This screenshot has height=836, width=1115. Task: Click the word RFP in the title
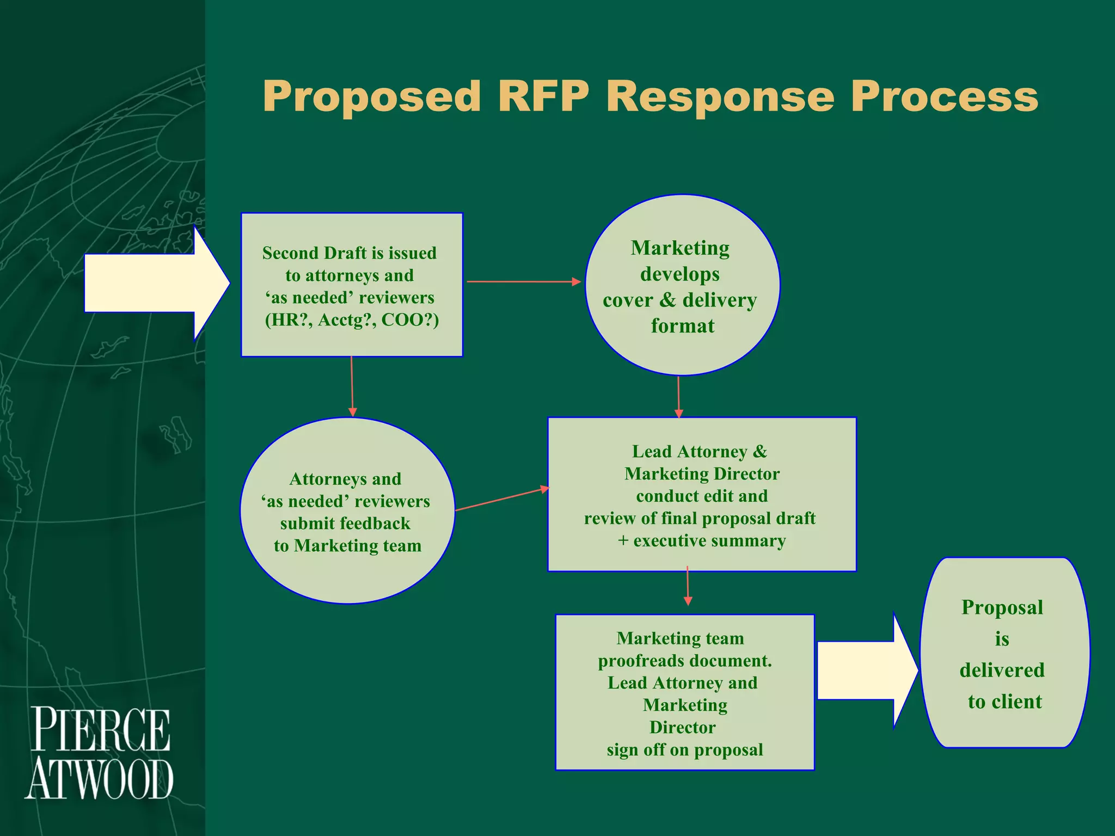click(543, 97)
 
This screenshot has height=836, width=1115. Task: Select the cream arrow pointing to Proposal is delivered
click(866, 671)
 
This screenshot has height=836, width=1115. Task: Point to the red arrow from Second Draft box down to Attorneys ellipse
click(352, 386)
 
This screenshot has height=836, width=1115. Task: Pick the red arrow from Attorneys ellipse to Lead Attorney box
click(501, 499)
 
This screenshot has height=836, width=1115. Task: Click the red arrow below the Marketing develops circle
click(678, 397)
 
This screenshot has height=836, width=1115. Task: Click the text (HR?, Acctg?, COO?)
click(352, 319)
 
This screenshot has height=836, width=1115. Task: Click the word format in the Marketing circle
click(682, 326)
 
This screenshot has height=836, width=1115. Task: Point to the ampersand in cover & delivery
click(667, 300)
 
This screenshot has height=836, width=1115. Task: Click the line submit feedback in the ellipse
click(345, 524)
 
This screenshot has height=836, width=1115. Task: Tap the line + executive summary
click(702, 541)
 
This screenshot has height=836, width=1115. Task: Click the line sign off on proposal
click(685, 750)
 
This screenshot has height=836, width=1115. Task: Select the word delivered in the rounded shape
click(1002, 670)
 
